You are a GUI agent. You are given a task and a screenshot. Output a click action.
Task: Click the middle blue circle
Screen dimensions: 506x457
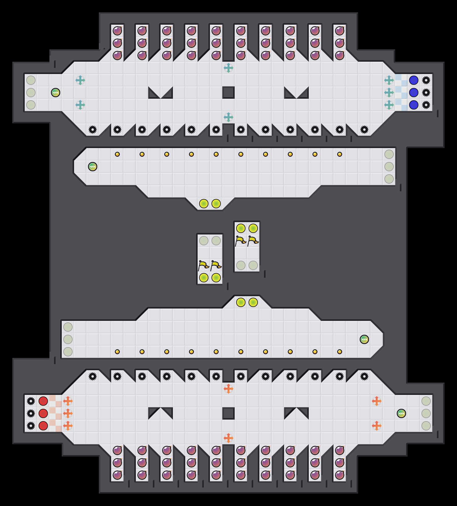414,93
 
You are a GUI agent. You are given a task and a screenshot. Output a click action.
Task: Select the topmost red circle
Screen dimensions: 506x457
43,401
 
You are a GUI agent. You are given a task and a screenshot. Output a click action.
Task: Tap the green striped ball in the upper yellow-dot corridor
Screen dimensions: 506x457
93,167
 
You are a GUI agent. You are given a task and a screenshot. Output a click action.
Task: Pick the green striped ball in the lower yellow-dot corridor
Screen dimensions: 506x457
364,339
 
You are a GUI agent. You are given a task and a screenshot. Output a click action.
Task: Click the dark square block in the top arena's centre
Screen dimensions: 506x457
228,93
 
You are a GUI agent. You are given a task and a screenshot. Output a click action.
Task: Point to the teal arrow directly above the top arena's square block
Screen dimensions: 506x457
228,68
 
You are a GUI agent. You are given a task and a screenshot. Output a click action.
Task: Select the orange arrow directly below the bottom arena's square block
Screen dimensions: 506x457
228,438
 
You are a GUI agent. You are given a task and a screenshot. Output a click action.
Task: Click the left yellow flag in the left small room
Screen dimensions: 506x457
203,265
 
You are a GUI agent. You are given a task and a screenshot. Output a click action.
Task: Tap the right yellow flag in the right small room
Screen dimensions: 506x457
253,241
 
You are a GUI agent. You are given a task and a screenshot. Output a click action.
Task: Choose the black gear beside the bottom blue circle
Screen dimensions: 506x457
426,105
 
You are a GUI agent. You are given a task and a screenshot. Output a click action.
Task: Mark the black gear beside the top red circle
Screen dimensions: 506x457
31,401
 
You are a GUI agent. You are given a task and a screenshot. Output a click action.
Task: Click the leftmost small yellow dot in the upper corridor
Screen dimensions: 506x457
117,154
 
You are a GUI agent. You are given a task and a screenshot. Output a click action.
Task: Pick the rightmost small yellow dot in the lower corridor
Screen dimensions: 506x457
340,352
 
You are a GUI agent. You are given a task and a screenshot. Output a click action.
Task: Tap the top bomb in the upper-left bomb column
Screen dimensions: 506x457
117,31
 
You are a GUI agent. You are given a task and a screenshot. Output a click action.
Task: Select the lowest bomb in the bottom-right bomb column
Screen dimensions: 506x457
340,475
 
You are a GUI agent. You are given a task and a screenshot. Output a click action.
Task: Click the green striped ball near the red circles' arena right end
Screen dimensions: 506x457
401,413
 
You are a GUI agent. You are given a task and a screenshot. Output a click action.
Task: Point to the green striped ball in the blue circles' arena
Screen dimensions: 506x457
56,93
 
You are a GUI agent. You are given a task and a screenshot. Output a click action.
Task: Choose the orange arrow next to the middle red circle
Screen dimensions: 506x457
68,413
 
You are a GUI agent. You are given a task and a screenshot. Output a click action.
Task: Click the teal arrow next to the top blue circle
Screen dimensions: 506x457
389,80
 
